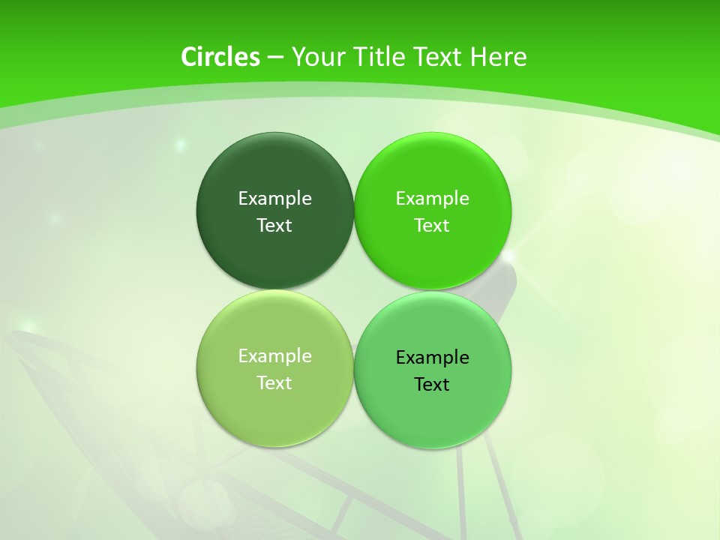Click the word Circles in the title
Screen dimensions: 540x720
point(220,57)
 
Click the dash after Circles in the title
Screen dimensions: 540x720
point(275,58)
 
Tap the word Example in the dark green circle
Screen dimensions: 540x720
point(274,198)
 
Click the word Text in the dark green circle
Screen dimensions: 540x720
point(274,225)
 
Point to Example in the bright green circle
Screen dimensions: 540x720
point(432,198)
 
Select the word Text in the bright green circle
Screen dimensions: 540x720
point(432,225)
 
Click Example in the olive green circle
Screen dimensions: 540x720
point(274,355)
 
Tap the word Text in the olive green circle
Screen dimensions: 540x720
point(274,382)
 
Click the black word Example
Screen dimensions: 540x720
point(432,357)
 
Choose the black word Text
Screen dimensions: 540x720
point(432,384)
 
